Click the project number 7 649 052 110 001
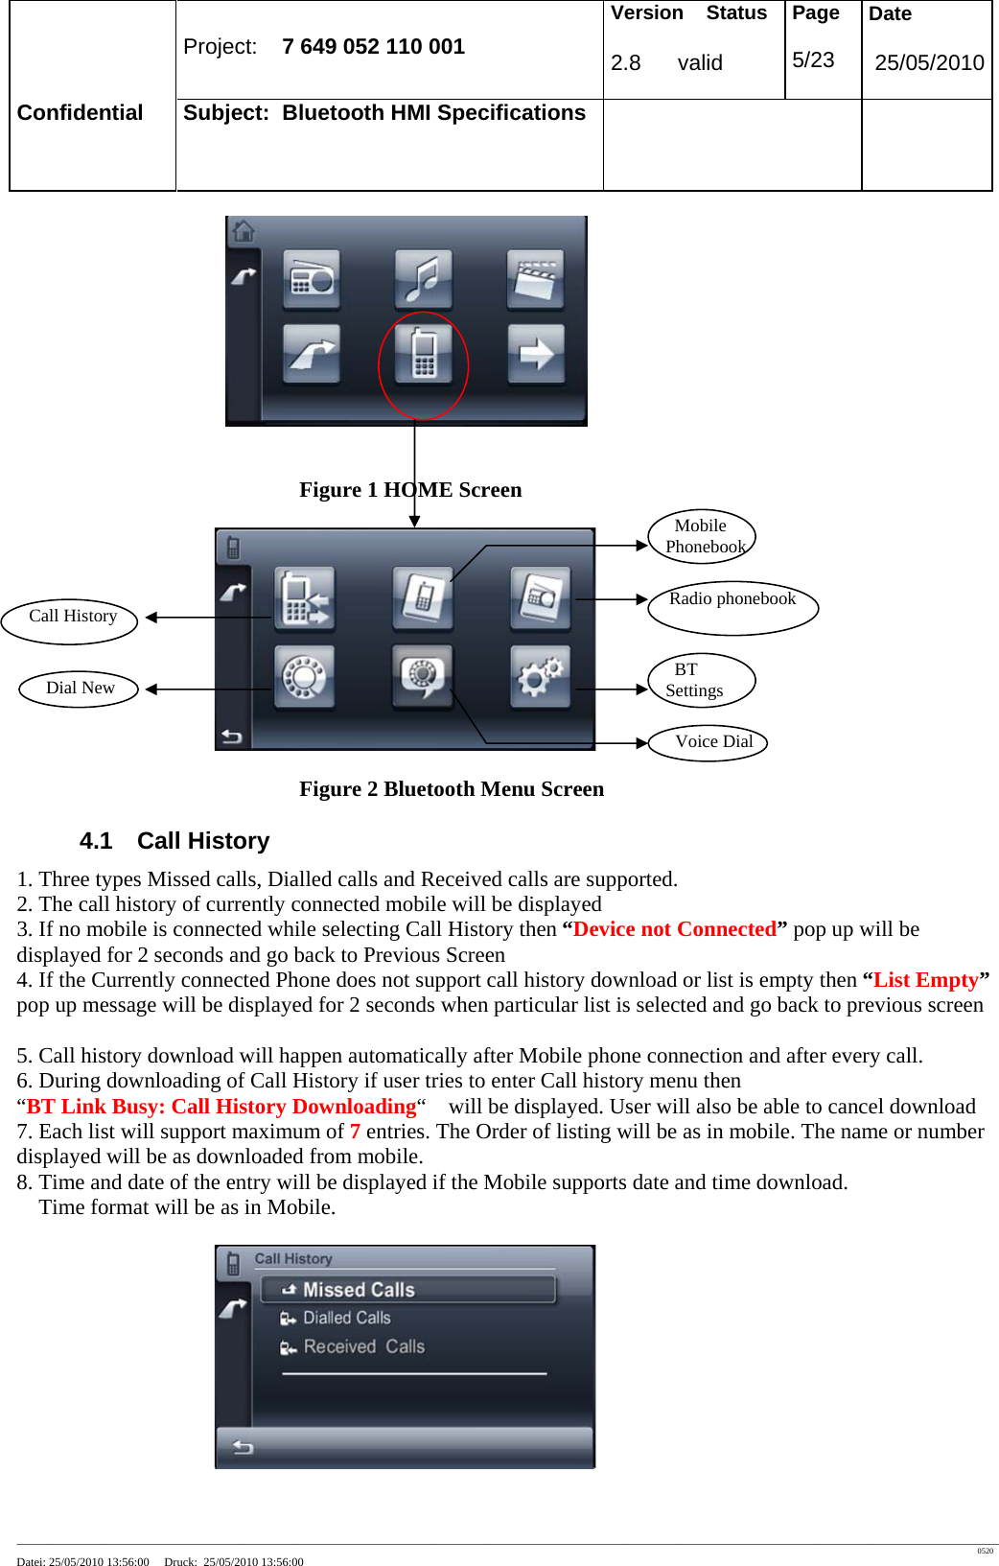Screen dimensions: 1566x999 (373, 47)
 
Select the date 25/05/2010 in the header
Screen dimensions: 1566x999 (928, 63)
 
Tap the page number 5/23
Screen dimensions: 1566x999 (813, 60)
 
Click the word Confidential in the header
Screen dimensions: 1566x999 (80, 113)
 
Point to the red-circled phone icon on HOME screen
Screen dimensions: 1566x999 (424, 354)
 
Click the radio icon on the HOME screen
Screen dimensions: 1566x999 (312, 279)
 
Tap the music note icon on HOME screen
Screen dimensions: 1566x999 (424, 279)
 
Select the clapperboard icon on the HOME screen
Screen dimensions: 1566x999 (536, 279)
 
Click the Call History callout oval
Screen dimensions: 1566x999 (70, 619)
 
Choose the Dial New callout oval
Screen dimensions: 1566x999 (80, 689)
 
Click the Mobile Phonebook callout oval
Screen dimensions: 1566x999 (702, 537)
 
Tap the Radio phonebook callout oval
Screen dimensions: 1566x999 (732, 606)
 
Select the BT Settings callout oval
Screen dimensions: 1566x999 (701, 680)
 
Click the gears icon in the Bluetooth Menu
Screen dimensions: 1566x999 (541, 676)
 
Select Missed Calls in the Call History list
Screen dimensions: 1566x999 (358, 1290)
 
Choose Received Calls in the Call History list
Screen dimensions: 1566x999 (362, 1347)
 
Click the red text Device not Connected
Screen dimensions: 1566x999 (675, 929)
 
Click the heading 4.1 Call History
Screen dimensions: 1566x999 (174, 841)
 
